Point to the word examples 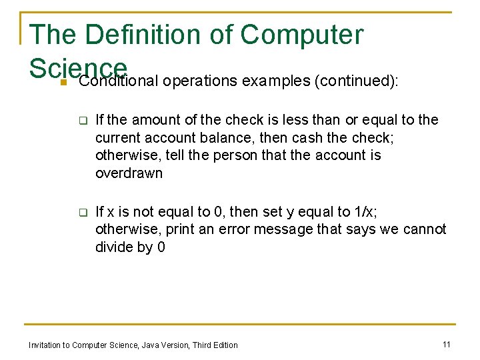[273, 81]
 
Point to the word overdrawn [129, 173]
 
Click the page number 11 [447, 344]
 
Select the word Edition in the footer [224, 345]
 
